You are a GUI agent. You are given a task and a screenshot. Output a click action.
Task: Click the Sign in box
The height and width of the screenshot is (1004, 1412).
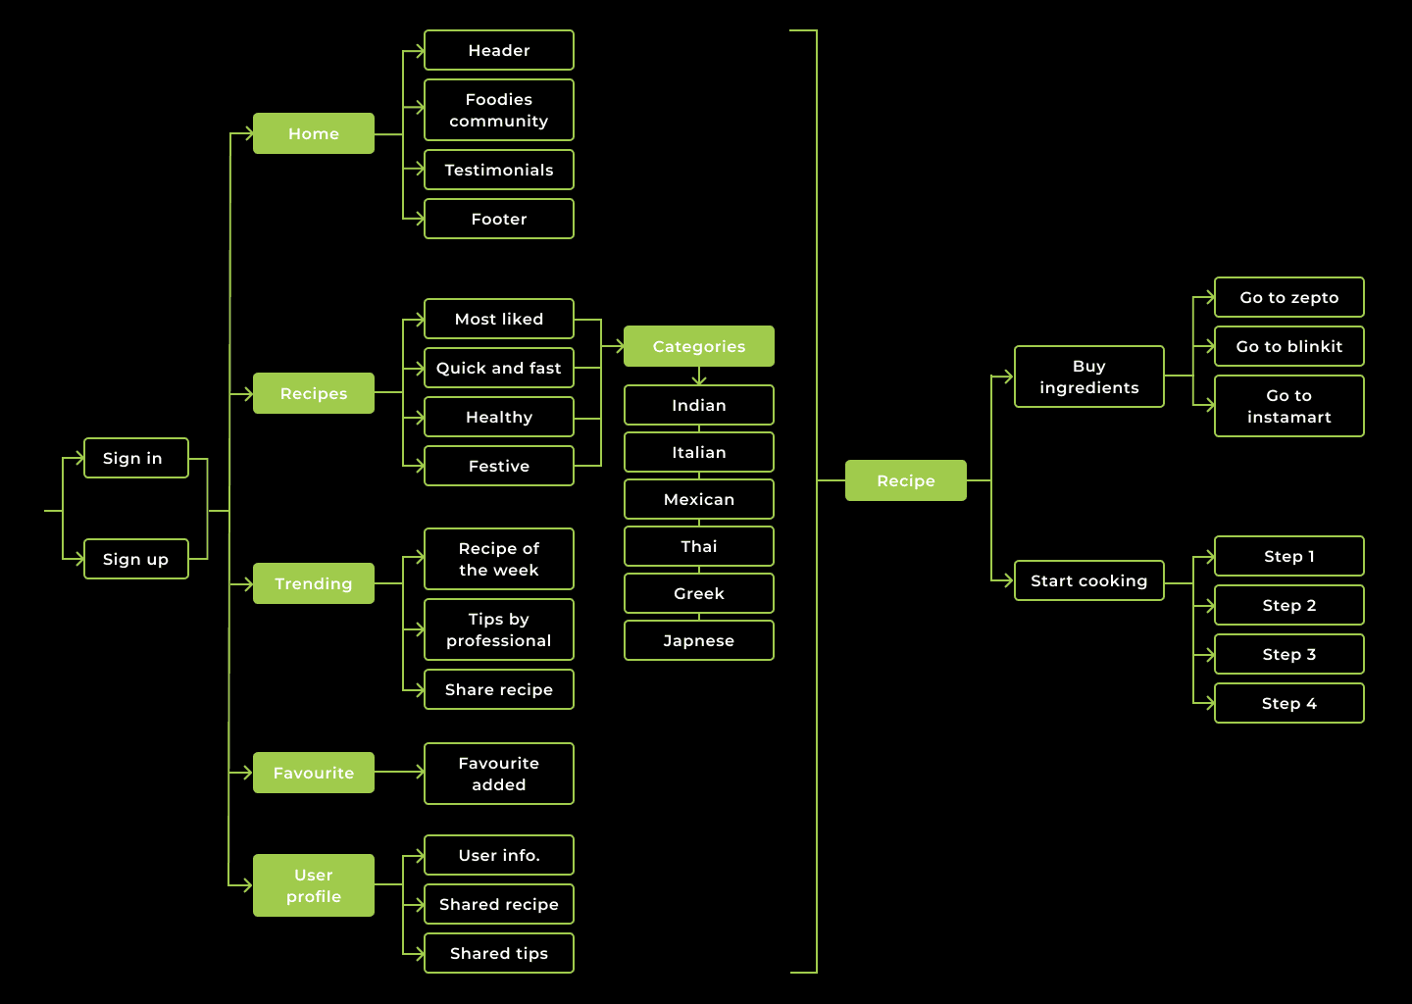coord(135,458)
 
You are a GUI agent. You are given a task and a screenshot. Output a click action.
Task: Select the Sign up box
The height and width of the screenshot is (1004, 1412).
coord(135,559)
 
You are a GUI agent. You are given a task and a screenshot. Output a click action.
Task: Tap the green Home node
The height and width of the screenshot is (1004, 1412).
coord(314,133)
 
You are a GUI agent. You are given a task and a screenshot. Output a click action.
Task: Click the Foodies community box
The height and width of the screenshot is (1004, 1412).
coord(499,110)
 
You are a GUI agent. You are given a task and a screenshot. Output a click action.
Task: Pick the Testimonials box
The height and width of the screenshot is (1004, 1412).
coord(499,170)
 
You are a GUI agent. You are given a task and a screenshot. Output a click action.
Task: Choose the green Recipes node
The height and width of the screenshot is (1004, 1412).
coord(314,393)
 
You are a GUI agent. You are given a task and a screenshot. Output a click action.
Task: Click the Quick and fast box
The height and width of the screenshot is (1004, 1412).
coord(499,368)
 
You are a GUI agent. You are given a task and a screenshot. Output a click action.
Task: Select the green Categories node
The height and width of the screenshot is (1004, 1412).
coord(699,346)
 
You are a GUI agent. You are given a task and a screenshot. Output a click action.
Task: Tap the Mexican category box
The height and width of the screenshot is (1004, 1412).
coord(699,499)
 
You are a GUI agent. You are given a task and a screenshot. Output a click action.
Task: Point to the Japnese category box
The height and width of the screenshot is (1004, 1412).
coord(699,640)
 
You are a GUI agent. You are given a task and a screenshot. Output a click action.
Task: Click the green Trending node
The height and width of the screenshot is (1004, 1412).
coord(314,583)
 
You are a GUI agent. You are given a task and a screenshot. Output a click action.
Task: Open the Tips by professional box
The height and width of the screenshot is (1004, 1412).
coord(499,629)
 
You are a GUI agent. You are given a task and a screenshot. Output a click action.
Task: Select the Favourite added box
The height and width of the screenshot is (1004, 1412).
coord(499,774)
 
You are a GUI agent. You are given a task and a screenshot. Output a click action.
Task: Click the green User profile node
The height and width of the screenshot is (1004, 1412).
coord(314,885)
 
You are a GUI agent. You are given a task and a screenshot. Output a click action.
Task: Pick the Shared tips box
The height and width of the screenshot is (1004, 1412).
coord(499,953)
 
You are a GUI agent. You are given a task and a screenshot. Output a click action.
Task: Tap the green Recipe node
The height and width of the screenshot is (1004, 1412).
coord(906,480)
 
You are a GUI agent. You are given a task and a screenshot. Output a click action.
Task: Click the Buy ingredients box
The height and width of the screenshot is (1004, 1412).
coord(1089,376)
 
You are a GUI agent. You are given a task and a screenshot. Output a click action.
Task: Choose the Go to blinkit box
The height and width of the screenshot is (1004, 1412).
coord(1289,346)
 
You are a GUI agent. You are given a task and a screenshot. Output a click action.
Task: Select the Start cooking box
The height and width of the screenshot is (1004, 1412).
coord(1089,580)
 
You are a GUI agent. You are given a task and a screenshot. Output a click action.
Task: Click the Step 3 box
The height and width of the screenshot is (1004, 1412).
coord(1289,654)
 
